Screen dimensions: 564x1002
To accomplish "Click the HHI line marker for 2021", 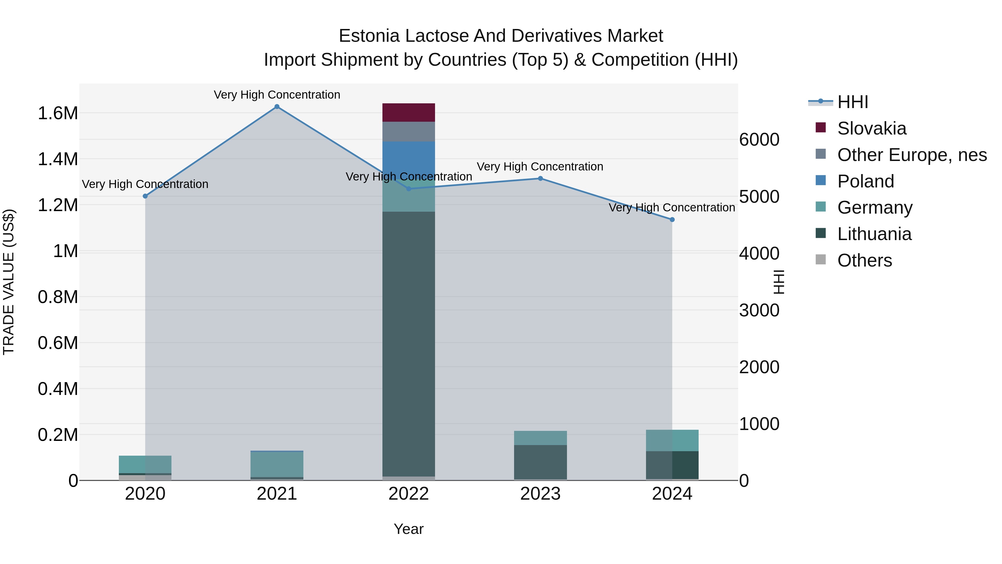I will coord(277,107).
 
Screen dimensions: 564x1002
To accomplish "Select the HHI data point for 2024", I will coord(672,219).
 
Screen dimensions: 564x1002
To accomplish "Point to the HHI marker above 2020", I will coord(146,196).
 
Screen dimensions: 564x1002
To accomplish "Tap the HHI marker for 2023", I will coord(540,179).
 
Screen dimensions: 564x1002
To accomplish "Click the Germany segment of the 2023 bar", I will coord(540,438).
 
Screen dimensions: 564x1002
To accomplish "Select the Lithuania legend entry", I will coord(874,234).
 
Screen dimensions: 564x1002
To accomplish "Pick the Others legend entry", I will coord(864,260).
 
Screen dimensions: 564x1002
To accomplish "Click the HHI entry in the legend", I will coord(852,102).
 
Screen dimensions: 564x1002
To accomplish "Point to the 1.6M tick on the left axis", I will coord(58,113).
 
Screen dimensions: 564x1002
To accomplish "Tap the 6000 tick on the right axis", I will coord(759,140).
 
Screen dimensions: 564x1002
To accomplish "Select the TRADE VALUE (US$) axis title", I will coord(9,282).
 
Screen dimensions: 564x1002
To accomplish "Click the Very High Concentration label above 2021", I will coord(277,95).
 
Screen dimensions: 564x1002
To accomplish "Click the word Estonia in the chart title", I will coord(369,36).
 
